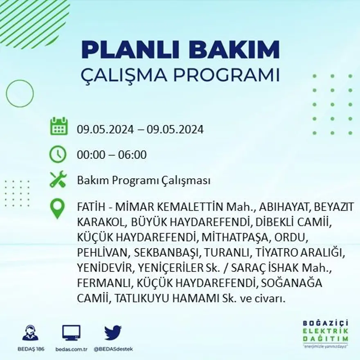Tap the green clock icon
58,154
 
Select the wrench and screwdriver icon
58,180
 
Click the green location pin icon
57,209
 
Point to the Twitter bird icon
112,333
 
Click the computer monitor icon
71,333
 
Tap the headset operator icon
30,333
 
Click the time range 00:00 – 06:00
112,155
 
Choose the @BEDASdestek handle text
113,349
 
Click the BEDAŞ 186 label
30,349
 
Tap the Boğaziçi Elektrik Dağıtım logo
326,332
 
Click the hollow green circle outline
20,94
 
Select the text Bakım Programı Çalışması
144,180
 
